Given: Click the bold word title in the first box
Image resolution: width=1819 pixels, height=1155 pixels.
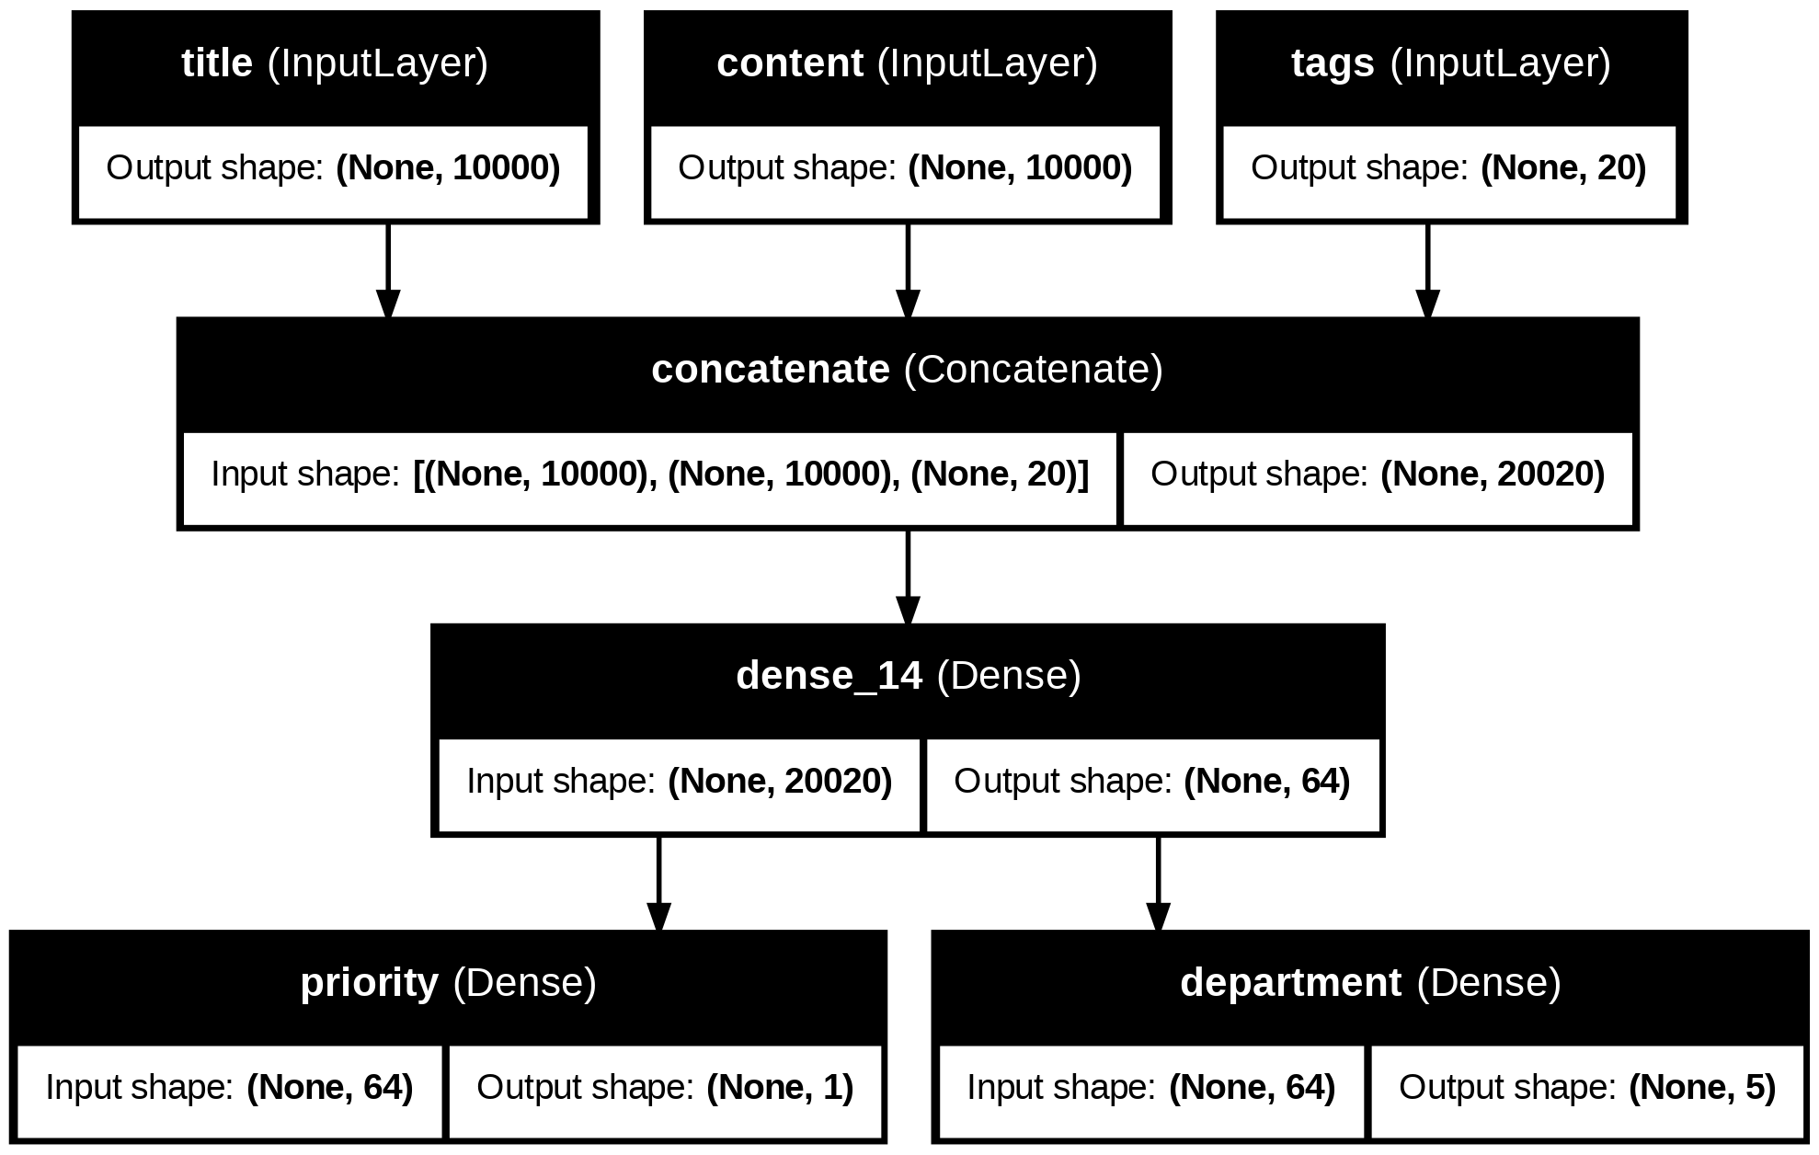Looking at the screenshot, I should (x=217, y=63).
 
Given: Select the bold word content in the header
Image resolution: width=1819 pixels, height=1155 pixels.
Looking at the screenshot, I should (x=790, y=63).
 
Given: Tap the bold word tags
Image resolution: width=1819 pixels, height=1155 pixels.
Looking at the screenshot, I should (x=1333, y=63).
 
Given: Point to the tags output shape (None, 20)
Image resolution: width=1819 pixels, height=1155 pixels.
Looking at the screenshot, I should (x=1563, y=168).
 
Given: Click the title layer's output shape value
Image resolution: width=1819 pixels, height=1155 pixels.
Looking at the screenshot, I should (x=449, y=168).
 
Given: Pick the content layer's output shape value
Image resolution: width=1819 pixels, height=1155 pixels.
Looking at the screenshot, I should (x=1020, y=168).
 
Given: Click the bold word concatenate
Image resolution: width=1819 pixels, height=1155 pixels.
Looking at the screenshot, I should (x=771, y=370).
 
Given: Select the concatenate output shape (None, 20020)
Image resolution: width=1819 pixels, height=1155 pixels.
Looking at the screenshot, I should (x=1493, y=475).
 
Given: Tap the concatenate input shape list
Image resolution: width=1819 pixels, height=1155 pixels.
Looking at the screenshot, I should (x=751, y=475).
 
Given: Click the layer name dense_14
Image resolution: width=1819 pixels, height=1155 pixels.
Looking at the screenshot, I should (x=829, y=676).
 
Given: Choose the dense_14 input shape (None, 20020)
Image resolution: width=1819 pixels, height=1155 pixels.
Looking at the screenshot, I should (x=780, y=782).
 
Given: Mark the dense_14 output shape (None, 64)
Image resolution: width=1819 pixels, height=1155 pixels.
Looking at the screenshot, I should (x=1267, y=782).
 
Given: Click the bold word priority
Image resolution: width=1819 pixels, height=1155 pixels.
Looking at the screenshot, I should (x=370, y=983).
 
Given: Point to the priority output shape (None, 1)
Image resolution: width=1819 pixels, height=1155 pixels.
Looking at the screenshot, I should (x=780, y=1088).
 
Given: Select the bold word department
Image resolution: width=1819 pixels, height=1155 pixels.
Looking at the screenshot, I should (x=1291, y=983).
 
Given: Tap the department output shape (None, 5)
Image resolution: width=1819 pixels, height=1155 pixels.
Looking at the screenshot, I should (x=1702, y=1088).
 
